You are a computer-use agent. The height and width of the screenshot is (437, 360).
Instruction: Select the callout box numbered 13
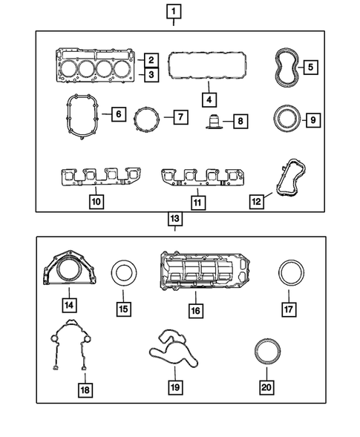[174, 219]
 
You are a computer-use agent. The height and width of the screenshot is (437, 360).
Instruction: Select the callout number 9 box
[312, 119]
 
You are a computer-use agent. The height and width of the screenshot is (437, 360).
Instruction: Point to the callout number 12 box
[258, 201]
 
